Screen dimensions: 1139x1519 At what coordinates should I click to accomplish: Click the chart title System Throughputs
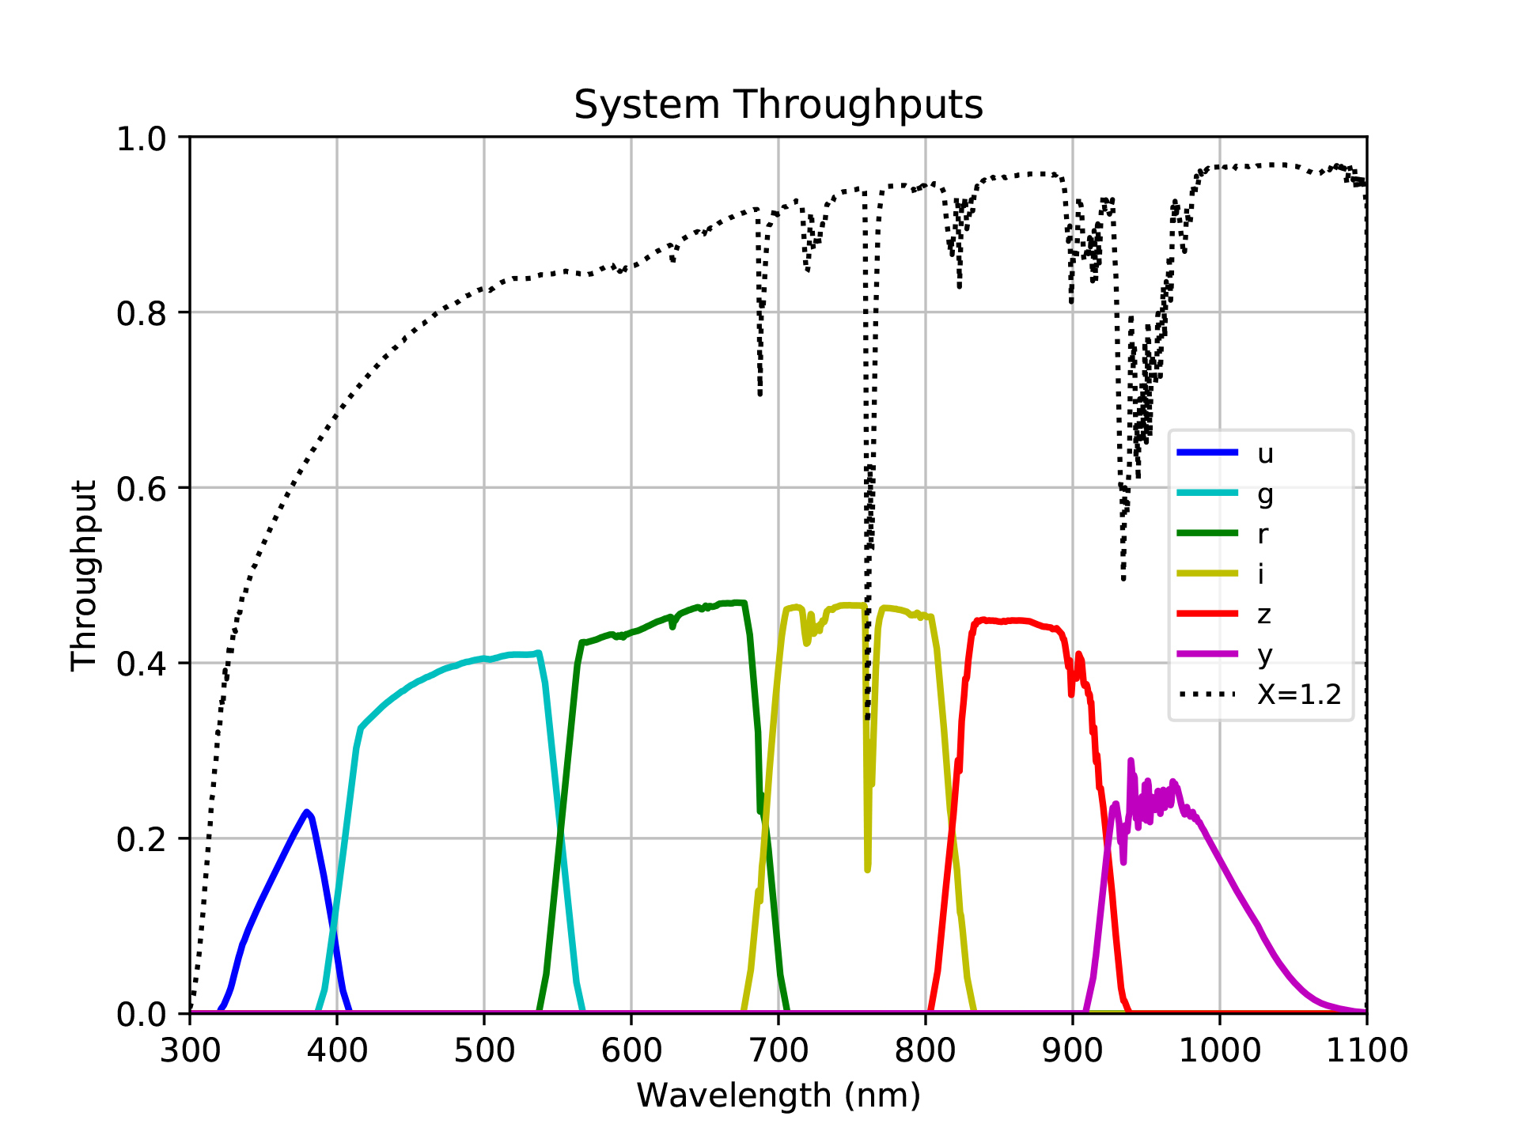point(778,105)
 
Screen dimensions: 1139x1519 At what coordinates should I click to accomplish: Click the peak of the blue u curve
point(306,812)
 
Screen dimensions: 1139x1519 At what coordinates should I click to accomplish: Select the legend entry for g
point(1264,494)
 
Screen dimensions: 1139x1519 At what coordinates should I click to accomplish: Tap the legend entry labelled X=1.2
point(1298,694)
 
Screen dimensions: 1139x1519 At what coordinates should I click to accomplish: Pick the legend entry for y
point(1264,654)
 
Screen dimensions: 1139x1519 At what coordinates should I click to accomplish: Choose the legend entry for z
point(1264,614)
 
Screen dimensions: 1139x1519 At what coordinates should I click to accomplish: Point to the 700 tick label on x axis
point(778,1050)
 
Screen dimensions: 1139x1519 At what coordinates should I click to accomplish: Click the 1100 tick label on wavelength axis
point(1366,1050)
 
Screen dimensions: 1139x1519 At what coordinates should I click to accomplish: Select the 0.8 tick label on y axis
point(142,313)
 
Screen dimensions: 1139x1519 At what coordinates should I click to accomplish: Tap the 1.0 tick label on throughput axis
point(142,138)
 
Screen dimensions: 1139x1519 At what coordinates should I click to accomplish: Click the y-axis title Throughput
point(83,575)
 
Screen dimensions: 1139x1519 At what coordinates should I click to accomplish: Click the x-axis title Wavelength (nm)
point(778,1095)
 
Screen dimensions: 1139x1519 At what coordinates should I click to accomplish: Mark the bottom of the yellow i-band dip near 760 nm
point(867,869)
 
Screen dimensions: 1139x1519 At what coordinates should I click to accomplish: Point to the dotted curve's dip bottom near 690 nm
point(760,393)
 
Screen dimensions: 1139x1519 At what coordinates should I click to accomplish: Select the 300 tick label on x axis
point(190,1050)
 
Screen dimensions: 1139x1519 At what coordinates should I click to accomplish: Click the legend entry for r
point(1263,534)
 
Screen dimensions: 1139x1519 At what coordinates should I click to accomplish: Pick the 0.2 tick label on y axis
point(142,839)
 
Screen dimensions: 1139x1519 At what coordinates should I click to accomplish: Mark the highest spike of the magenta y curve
point(1131,760)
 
